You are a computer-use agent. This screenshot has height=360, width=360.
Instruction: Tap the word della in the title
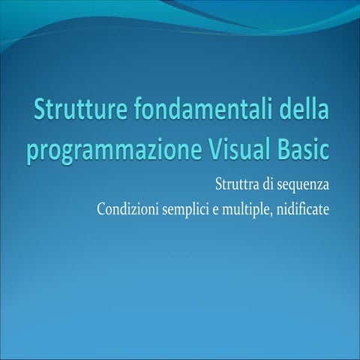point(304,113)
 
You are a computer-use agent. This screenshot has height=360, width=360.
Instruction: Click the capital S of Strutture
point(40,113)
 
